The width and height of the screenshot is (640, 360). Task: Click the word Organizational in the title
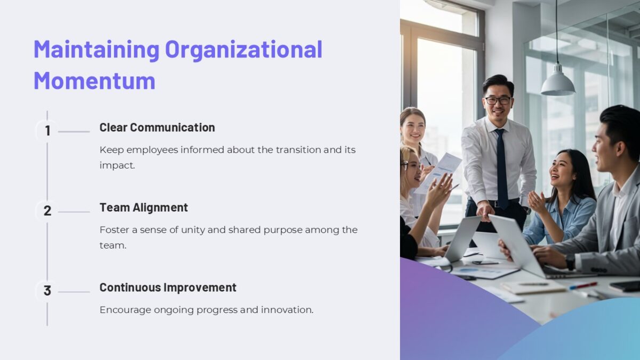point(243,49)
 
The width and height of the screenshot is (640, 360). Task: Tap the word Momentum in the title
point(94,81)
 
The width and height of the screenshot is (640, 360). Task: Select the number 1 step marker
point(47,131)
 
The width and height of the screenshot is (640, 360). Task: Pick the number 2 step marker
point(47,211)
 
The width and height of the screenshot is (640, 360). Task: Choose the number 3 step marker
point(47,291)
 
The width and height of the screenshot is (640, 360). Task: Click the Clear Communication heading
point(157,127)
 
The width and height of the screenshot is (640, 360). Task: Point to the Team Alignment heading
point(143,207)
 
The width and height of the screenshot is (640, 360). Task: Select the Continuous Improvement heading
point(167,287)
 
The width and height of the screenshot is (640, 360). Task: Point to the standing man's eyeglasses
point(498,100)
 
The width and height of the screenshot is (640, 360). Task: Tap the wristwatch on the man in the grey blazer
point(571,261)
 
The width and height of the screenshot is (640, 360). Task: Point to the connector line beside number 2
point(74,212)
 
